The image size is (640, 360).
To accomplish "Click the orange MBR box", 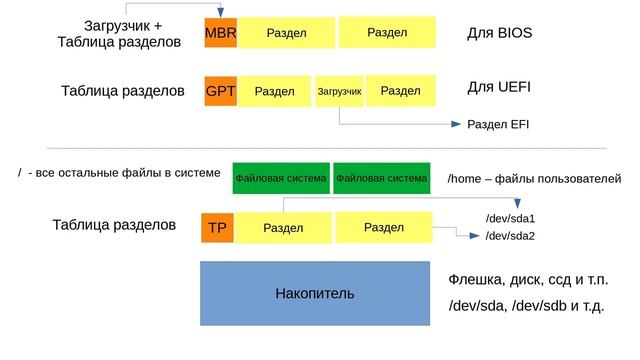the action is coord(220,33).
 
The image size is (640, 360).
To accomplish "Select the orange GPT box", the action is coord(220,92).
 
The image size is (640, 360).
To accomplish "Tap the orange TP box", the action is coord(217,228).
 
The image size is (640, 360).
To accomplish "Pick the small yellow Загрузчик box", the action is coord(339,92).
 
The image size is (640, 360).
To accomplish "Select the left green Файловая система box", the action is coord(280,179).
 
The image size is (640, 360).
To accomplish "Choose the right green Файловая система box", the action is coord(381,179).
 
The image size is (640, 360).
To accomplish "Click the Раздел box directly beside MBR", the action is coord(286,33).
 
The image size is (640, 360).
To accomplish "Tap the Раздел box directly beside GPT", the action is coord(275,92).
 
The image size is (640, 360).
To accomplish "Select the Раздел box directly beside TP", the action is coord(283,228).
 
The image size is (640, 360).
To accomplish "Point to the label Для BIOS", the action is coord(499,33).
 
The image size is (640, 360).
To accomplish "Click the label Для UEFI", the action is coord(498,88).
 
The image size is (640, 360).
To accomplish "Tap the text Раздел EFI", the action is coord(498,125).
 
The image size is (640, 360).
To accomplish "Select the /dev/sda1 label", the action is coord(510,218).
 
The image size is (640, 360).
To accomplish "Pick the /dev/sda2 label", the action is coord(510,236).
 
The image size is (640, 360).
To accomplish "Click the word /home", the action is coord(464,178).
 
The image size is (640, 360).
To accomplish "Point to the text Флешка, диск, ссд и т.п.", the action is coord(528,279).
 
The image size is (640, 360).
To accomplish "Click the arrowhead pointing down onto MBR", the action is coord(220,12).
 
